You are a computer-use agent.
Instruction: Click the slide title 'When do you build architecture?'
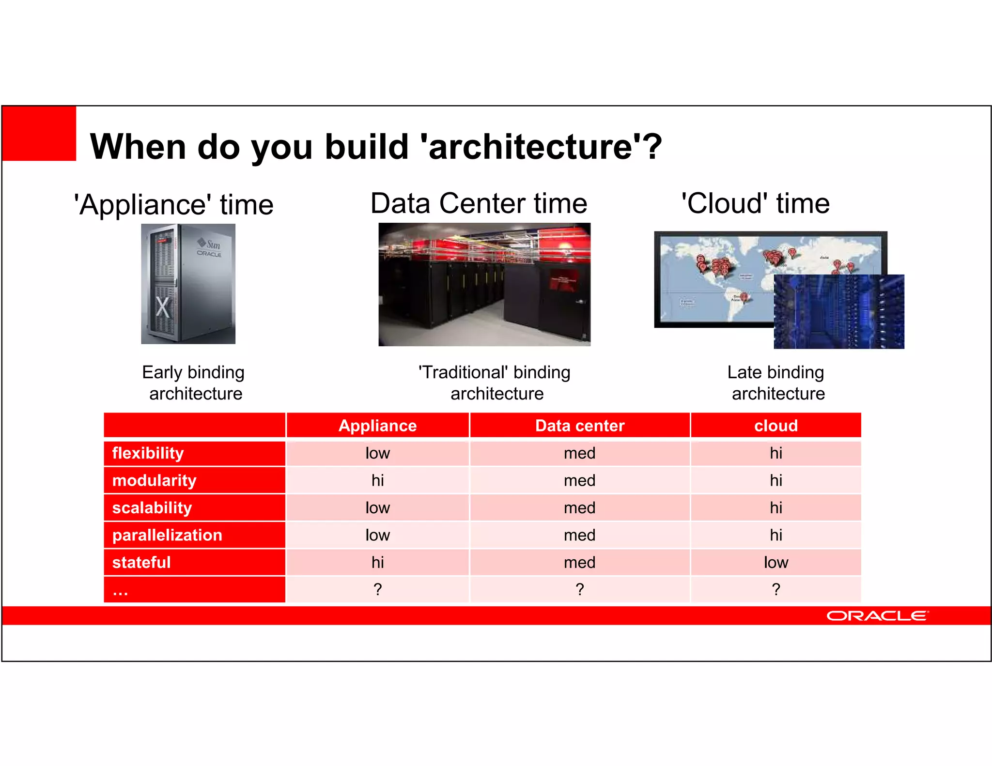click(x=375, y=146)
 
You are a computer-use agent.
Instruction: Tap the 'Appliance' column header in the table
click(x=377, y=426)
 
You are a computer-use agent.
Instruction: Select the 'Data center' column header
click(x=579, y=426)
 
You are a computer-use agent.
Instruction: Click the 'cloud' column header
click(x=775, y=426)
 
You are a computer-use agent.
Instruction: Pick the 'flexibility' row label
click(x=148, y=453)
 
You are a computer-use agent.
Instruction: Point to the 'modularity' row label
click(x=154, y=480)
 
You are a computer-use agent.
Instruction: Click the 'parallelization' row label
click(x=167, y=535)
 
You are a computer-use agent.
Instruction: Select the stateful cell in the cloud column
click(x=775, y=563)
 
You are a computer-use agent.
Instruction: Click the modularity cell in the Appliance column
click(x=377, y=480)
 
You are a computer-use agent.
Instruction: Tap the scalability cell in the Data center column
click(x=579, y=508)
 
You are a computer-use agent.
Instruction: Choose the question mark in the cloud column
click(x=775, y=590)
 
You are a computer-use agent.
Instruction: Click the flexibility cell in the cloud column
click(x=775, y=453)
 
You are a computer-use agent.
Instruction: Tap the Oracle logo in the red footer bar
click(x=877, y=616)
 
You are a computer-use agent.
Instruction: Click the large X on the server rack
click(x=163, y=307)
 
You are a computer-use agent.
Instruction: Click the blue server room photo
click(x=838, y=312)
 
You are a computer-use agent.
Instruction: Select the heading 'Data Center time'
click(x=479, y=203)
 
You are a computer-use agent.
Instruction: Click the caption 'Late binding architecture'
click(x=777, y=383)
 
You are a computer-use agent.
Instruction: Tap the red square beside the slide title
click(x=39, y=133)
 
